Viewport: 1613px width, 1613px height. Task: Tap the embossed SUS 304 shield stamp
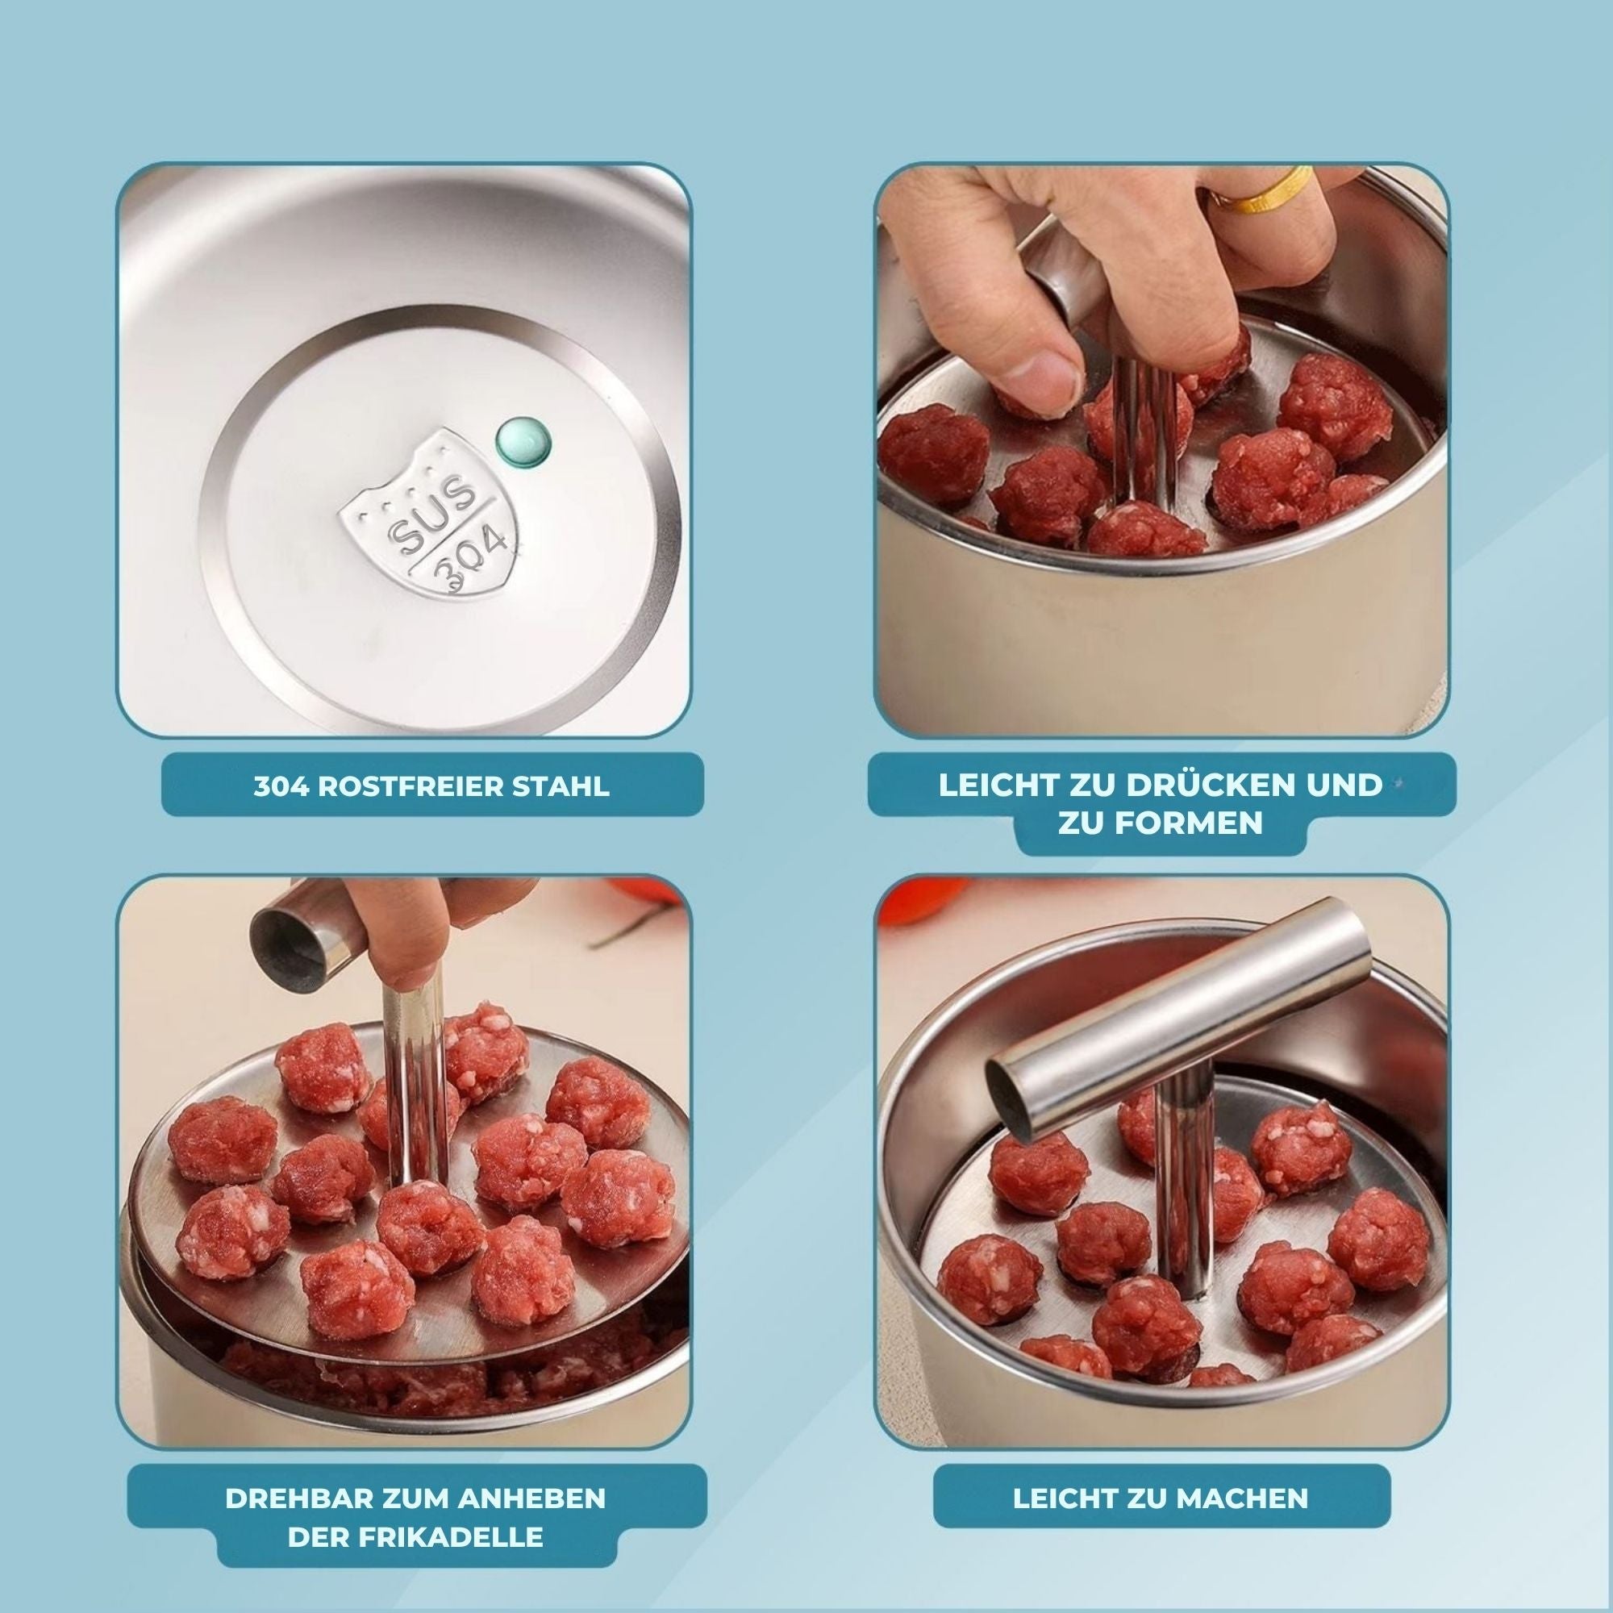click(x=431, y=515)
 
